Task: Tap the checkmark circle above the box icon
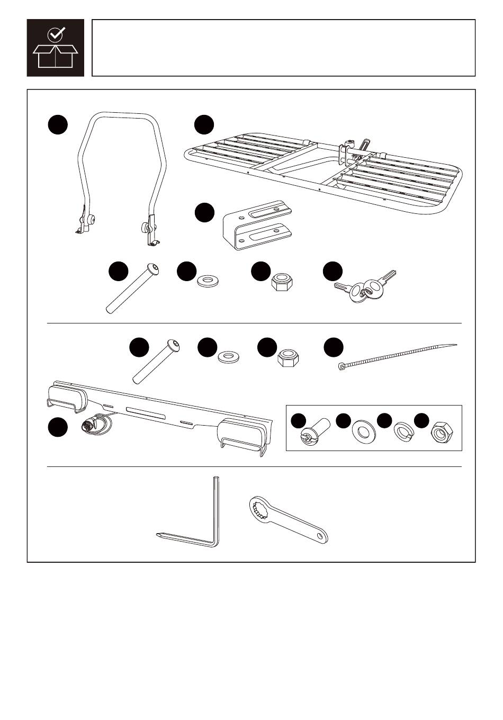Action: coord(55,35)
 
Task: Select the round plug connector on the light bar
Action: coord(89,425)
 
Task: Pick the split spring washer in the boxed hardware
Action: coord(403,433)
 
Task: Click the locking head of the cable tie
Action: coord(342,365)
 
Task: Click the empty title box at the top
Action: coord(283,48)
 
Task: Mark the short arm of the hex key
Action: coord(185,539)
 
